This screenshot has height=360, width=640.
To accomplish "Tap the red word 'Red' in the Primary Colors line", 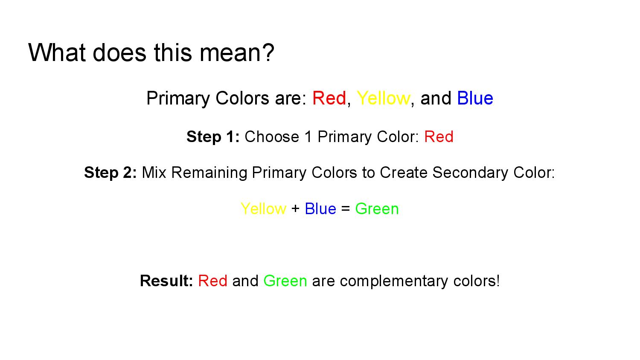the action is [329, 98].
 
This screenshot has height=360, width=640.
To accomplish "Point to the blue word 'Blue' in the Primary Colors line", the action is [475, 98].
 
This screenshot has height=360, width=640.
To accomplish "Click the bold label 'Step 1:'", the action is [213, 136].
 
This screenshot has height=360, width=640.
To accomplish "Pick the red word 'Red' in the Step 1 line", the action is [439, 136].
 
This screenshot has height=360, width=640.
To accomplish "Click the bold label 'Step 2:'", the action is [110, 173].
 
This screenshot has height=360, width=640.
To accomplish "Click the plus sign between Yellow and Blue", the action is [295, 209].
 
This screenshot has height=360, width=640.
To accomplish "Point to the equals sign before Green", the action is [346, 209].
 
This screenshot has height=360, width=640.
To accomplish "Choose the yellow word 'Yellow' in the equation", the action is [263, 209].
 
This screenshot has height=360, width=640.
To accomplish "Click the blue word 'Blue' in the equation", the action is [320, 209].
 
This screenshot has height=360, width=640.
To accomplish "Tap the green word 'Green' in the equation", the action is [377, 209].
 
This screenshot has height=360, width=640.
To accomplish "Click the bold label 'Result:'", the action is [166, 281].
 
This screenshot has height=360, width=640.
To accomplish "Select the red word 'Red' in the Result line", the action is [213, 281].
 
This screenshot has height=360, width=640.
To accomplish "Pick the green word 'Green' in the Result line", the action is [285, 281].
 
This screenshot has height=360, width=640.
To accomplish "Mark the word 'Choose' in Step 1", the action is [272, 136].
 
